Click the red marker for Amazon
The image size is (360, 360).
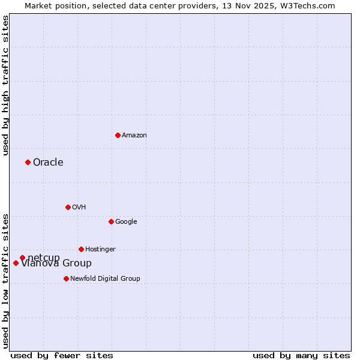pos(118,135)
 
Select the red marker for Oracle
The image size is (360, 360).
pos(28,162)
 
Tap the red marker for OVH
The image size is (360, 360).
pos(68,207)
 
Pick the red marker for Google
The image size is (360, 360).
pos(111,221)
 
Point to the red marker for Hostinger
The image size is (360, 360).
pos(81,249)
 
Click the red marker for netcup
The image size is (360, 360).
pos(22,257)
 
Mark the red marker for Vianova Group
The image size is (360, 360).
pos(16,263)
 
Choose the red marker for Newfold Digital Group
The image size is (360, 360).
pos(66,278)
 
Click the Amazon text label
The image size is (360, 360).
pos(134,136)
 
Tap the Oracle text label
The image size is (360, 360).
pos(48,163)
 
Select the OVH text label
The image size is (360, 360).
pos(79,208)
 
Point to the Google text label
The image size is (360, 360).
pos(126,222)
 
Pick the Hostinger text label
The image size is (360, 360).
pos(100,250)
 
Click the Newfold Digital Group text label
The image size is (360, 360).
pos(105,279)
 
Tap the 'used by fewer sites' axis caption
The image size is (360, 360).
pos(62,356)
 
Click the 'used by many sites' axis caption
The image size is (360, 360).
pos(301,356)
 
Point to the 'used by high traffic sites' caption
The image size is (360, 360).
pos(5,86)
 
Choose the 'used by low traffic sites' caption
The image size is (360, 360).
pos(5,280)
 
